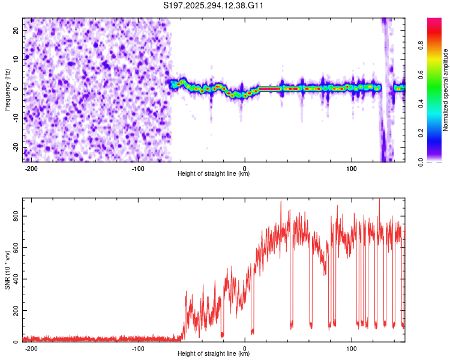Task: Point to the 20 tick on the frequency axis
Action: tap(16, 30)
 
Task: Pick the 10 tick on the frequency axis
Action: tap(16, 59)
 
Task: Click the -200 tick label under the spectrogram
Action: tap(31, 167)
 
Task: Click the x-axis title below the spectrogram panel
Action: tap(214, 173)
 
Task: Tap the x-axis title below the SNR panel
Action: tap(214, 354)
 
